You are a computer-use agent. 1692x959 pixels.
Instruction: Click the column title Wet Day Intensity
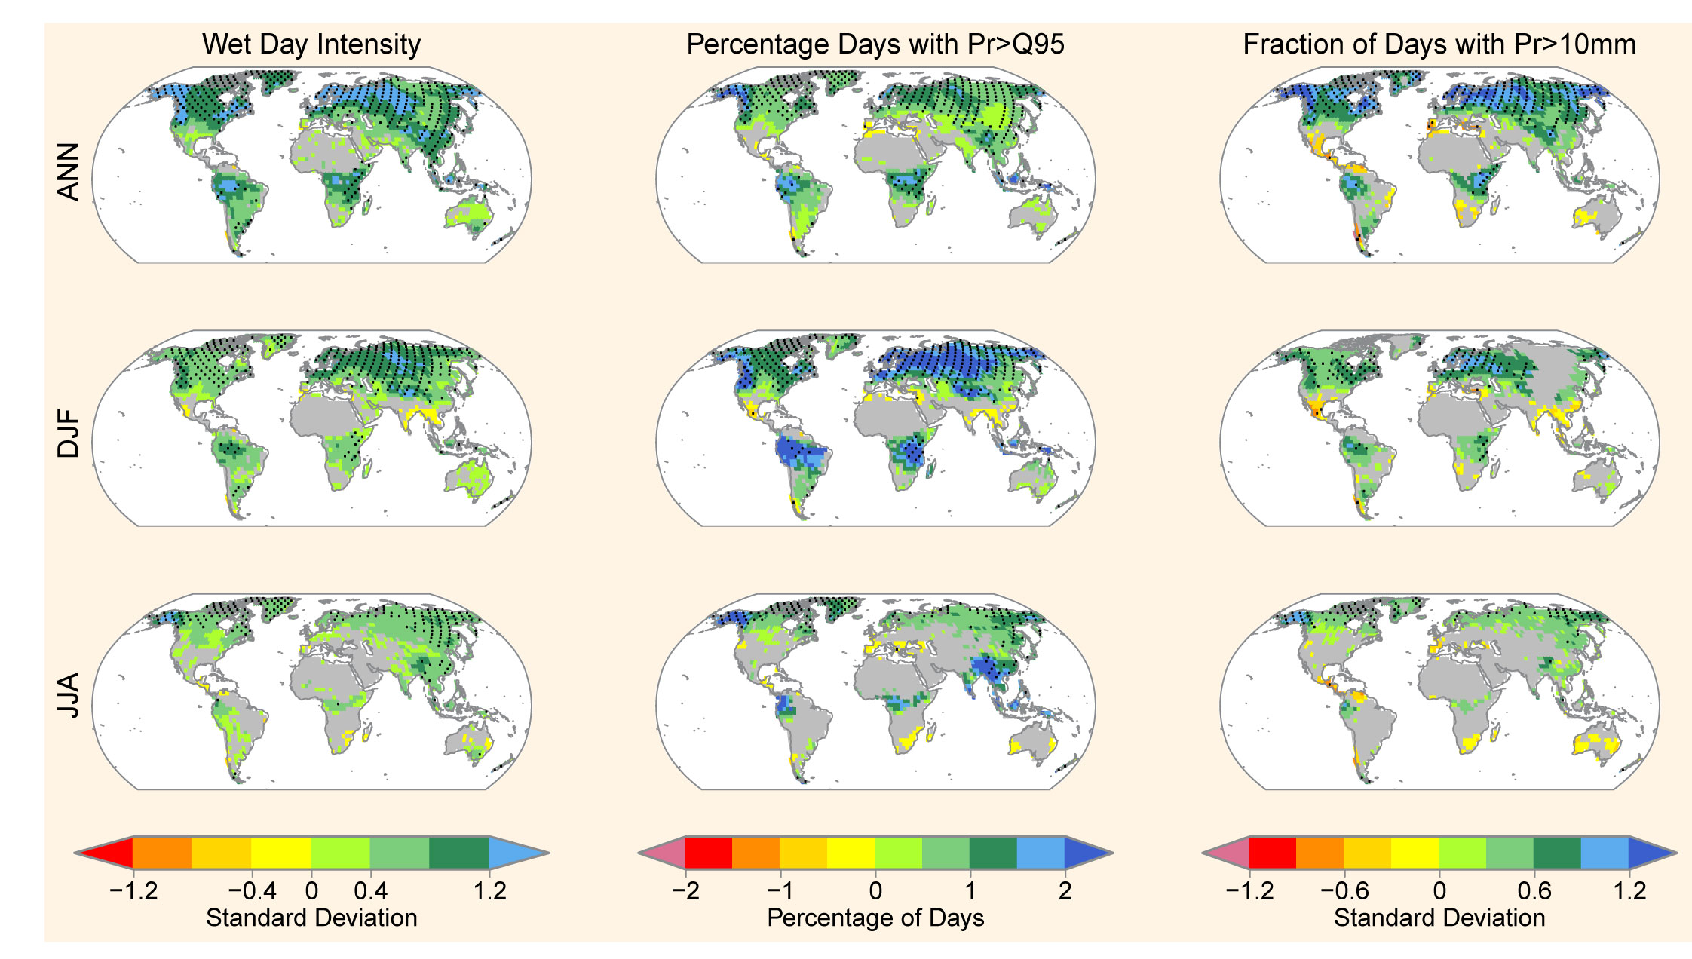[x=311, y=44]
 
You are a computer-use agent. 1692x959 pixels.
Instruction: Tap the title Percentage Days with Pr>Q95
[x=875, y=44]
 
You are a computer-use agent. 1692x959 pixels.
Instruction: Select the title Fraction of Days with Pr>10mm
[x=1439, y=44]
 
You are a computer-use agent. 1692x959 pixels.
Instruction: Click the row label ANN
[x=69, y=172]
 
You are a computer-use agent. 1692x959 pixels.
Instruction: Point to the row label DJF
[x=69, y=434]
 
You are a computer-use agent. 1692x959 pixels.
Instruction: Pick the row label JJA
[x=69, y=696]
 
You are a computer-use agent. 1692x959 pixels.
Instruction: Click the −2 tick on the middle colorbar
[x=685, y=891]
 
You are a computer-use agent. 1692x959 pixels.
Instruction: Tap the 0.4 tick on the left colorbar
[x=370, y=891]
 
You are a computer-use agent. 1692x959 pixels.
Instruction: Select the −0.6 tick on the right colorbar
[x=1344, y=891]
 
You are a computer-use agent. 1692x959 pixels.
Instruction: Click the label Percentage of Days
[x=875, y=918]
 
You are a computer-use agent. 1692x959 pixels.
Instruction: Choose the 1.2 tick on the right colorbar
[x=1629, y=891]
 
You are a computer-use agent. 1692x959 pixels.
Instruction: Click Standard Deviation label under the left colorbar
[x=311, y=918]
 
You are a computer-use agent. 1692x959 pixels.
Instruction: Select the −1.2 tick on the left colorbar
[x=133, y=891]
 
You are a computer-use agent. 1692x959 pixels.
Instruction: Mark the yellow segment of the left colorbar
[x=280, y=853]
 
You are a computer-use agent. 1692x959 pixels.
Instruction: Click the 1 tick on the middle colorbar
[x=970, y=891]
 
